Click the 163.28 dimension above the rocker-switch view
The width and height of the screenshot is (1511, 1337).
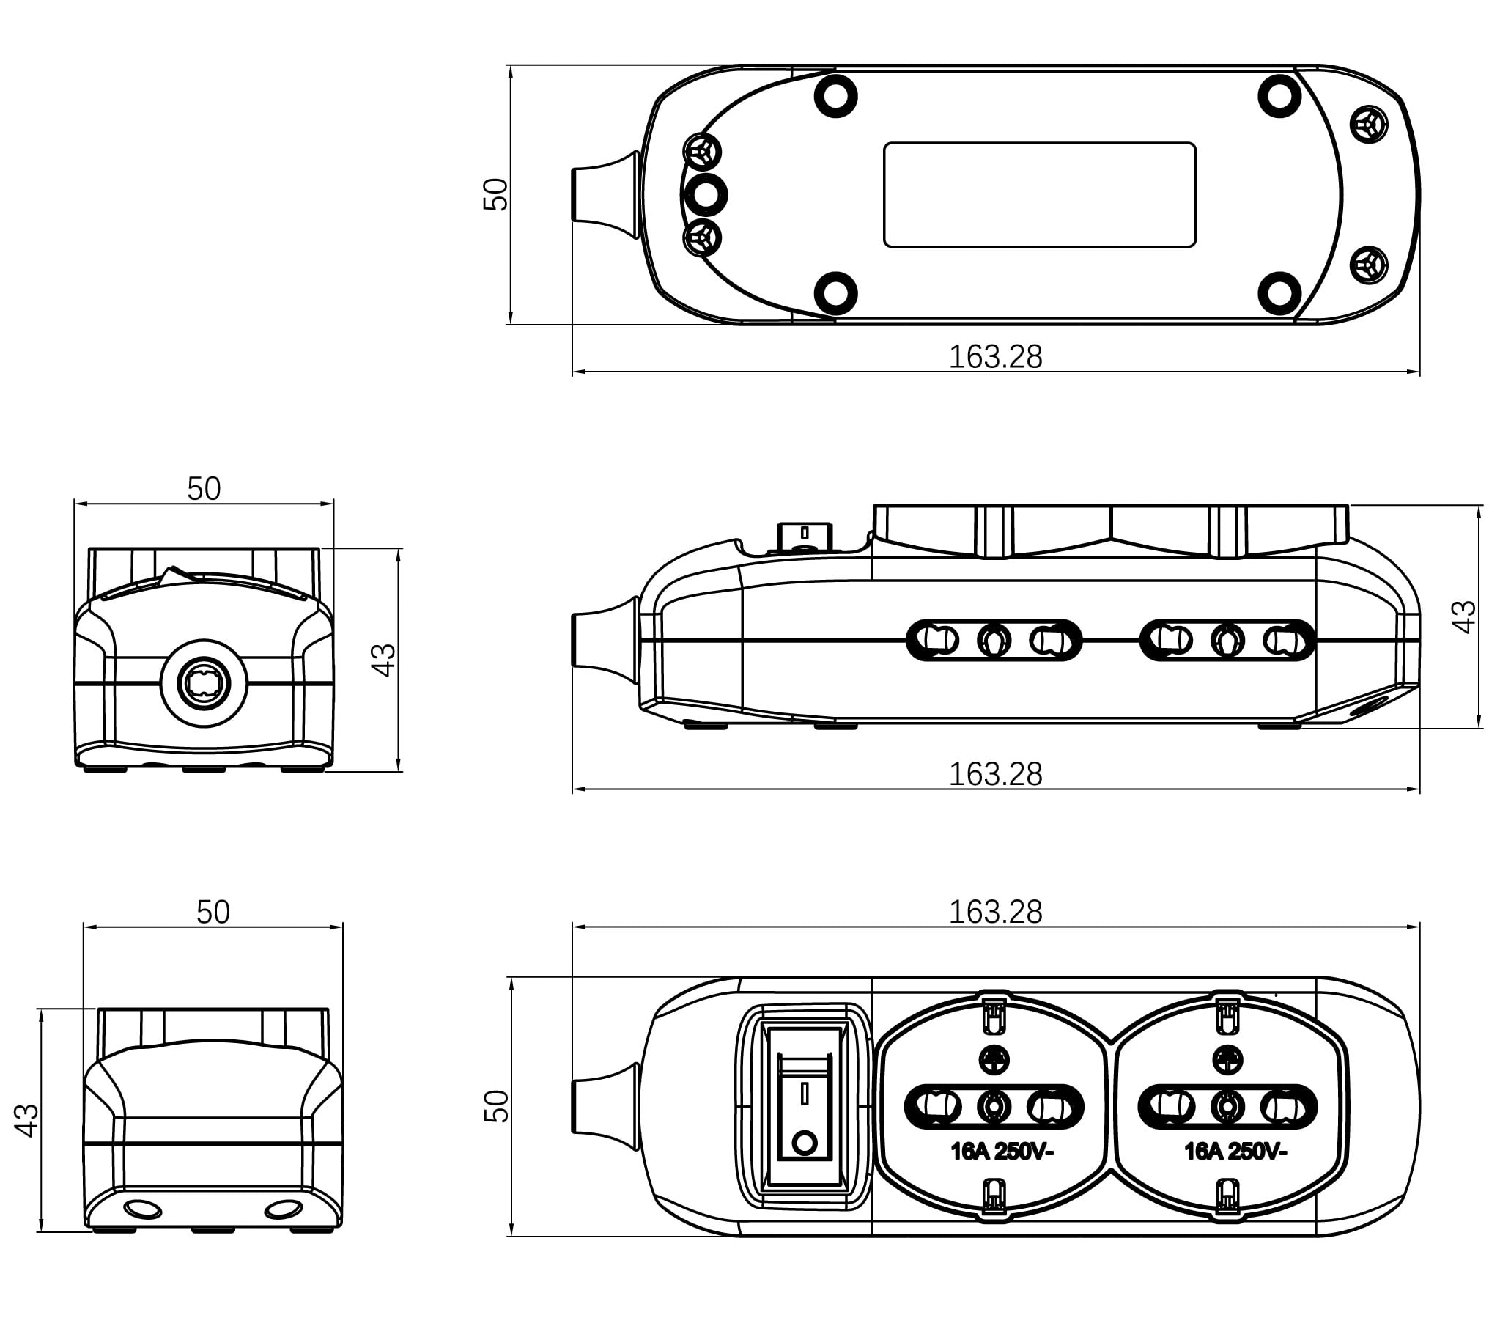pos(995,912)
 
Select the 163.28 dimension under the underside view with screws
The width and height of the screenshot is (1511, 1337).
pos(995,356)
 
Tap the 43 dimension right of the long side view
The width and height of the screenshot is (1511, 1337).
pos(1463,616)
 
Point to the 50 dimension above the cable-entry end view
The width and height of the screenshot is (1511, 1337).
pos(203,488)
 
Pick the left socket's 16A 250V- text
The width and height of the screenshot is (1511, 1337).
pos(1002,1152)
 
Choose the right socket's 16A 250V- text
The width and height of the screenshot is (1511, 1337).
pos(1235,1152)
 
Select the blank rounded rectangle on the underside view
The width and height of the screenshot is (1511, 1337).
pos(1039,194)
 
